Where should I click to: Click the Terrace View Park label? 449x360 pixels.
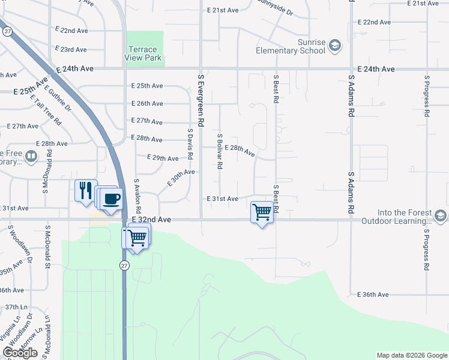point(143,53)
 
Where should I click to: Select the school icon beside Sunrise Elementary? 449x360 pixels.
point(335,46)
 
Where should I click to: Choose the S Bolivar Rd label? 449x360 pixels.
point(220,151)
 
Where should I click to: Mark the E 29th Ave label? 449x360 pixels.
point(163,158)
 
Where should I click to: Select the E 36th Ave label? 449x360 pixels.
point(373,295)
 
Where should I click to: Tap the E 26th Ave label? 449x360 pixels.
point(147,104)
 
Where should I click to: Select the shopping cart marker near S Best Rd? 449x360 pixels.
point(262,212)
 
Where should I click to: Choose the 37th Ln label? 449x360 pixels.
point(13,307)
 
